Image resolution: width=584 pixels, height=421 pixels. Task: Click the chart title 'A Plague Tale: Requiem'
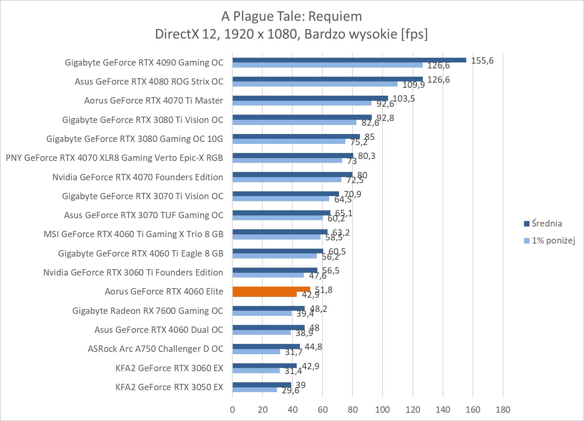292,16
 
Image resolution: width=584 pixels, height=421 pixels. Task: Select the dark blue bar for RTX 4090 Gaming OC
349,60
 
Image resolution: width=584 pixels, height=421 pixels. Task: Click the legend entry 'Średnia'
546,223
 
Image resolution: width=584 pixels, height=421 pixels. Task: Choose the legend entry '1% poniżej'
553,240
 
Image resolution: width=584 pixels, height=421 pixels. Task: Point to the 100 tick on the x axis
382,410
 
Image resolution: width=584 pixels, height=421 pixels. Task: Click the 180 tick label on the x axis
503,410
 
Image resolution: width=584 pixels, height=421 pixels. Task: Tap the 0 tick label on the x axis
232,410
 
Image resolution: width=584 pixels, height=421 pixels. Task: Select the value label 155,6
482,60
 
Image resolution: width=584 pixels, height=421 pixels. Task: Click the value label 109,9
413,85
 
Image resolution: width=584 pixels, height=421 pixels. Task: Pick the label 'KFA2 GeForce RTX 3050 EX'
169,387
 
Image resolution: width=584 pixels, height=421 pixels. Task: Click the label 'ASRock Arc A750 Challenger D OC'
155,349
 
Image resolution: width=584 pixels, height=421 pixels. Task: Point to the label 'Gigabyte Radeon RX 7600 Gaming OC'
147,311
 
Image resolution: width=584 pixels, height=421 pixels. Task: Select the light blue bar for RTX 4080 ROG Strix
315,84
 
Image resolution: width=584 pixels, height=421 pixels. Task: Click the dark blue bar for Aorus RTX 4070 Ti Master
310,98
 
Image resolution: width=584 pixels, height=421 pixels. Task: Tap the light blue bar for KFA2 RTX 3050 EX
254,390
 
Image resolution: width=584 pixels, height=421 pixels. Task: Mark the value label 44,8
313,347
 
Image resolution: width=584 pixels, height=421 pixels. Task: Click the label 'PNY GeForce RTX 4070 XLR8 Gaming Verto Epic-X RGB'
114,158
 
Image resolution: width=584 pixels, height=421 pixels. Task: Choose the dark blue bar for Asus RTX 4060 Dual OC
268,327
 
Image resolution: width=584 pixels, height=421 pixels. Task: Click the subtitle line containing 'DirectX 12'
292,34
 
